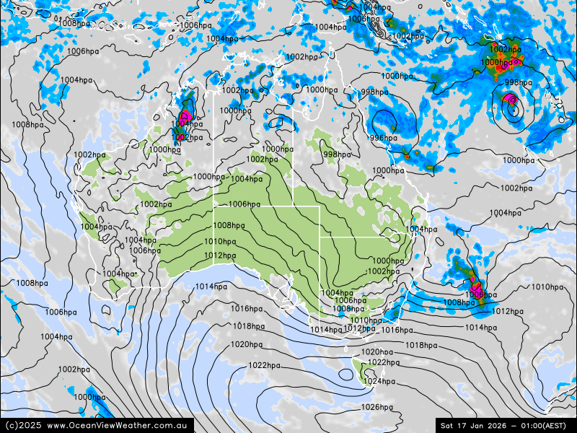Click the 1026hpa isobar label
point(376,408)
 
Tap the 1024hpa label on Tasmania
point(379,382)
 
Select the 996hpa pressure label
point(383,138)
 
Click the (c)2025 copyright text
point(23,426)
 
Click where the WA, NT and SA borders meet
point(213,206)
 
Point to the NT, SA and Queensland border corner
point(293,206)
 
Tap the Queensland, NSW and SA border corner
point(320,237)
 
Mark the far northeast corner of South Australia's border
point(320,206)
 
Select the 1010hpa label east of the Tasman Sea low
point(547,287)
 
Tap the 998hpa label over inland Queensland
point(337,154)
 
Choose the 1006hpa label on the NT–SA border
point(244,204)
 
